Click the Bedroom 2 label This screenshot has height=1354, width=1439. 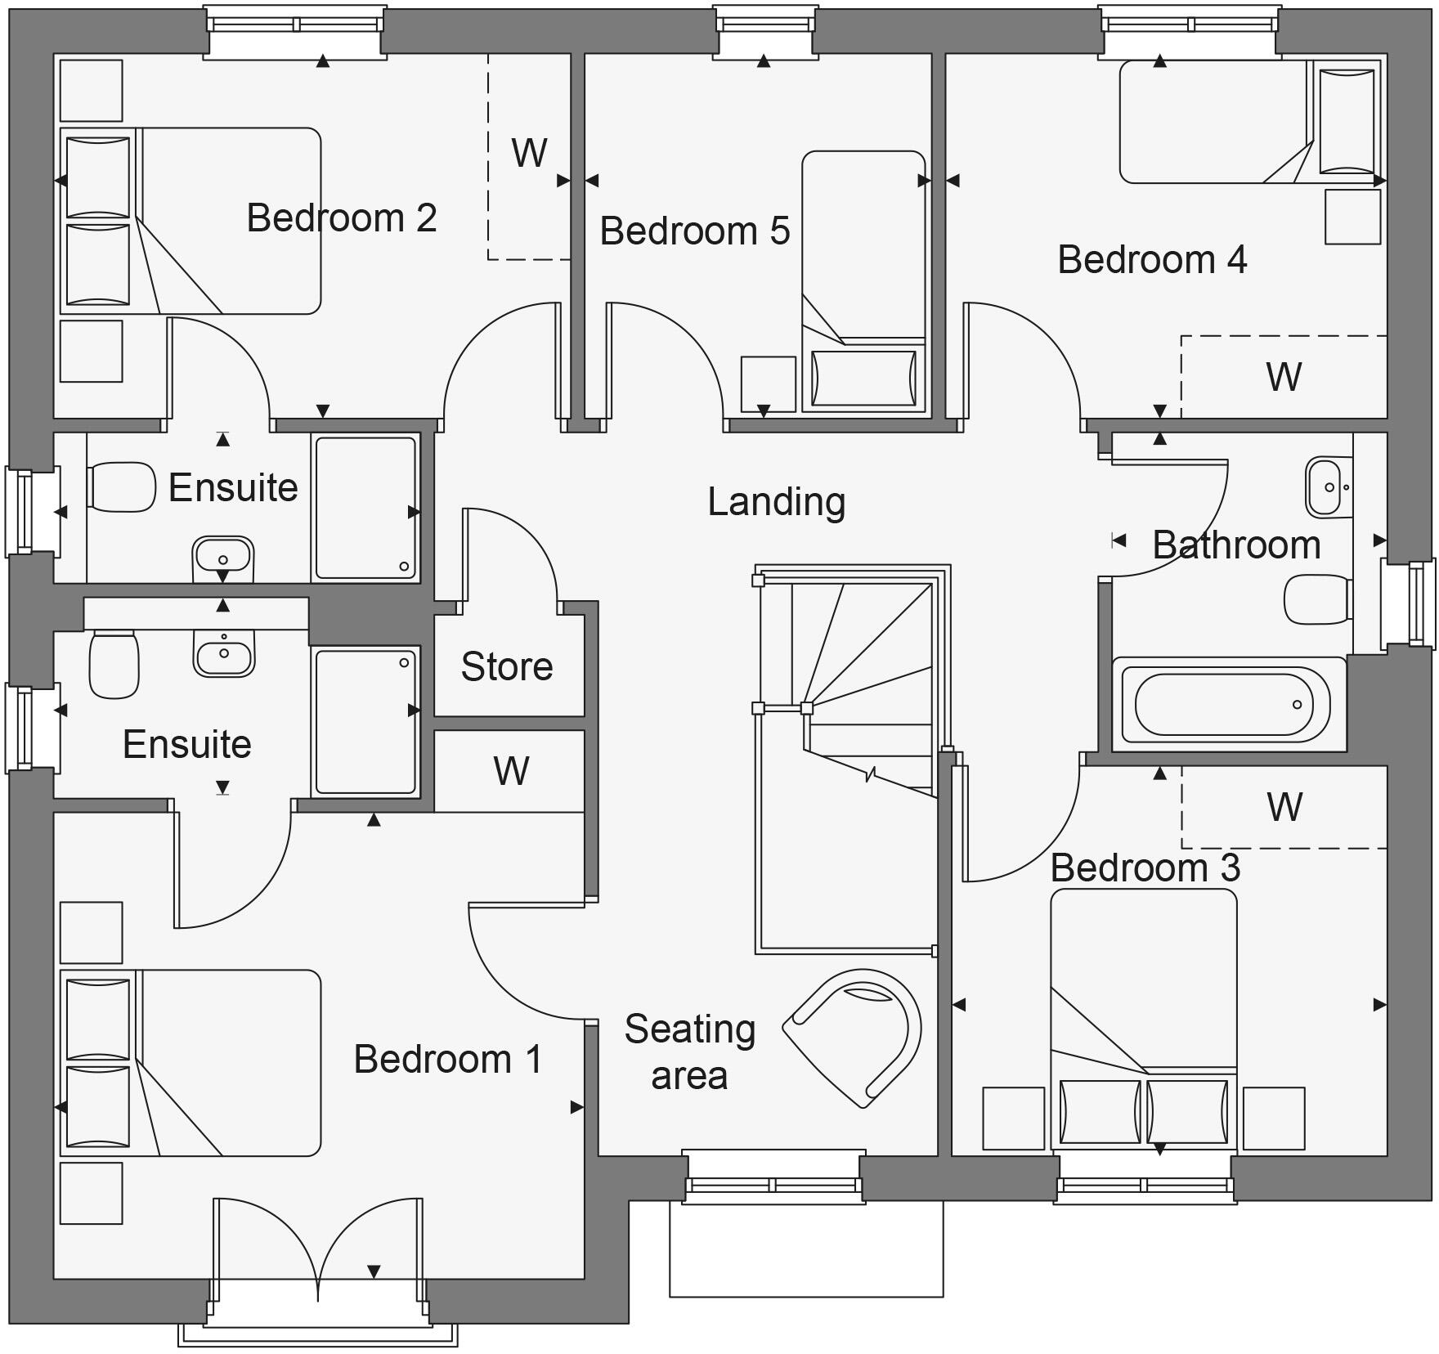click(x=342, y=218)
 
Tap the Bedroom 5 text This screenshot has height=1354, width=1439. click(x=695, y=231)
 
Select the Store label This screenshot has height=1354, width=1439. click(x=507, y=666)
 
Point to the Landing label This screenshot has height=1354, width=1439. click(x=776, y=502)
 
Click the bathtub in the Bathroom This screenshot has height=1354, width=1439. click(x=1225, y=704)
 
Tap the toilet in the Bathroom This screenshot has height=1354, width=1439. click(x=1317, y=599)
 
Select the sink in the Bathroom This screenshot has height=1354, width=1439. click(x=1328, y=486)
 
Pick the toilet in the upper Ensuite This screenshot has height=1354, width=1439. click(x=122, y=487)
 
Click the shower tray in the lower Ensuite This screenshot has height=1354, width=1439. click(x=365, y=721)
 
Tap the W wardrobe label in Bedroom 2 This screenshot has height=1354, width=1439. click(x=529, y=153)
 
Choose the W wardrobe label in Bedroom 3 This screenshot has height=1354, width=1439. click(x=1284, y=807)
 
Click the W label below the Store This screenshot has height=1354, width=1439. click(x=511, y=771)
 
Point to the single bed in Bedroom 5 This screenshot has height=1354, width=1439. click(x=863, y=278)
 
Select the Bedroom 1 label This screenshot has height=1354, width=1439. click(x=448, y=1060)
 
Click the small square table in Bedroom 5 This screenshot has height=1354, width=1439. click(x=768, y=383)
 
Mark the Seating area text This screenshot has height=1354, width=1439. click(x=689, y=1052)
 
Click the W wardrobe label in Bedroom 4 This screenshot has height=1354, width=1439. click(x=1284, y=377)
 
